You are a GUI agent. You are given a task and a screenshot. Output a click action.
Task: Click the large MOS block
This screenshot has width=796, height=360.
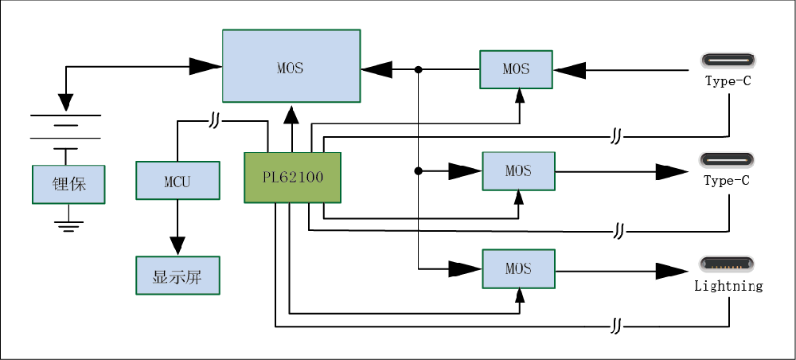tap(291, 66)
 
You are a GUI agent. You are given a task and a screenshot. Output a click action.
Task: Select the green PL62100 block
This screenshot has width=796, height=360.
tap(292, 177)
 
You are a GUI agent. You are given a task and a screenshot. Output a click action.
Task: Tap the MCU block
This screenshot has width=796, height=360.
tap(177, 181)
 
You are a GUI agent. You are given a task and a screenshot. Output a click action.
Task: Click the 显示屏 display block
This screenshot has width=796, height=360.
tap(177, 276)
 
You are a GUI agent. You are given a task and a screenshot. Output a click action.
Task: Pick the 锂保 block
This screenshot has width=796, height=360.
tap(69, 184)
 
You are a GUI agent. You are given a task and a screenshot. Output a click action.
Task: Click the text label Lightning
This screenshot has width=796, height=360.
tap(728, 285)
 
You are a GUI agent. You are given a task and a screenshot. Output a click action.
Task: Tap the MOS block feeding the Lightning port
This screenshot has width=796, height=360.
tap(518, 269)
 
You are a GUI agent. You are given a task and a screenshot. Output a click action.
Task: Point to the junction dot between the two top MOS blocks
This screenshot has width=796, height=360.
tap(419, 70)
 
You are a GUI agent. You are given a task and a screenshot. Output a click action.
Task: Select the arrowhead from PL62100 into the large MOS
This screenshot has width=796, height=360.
tap(292, 116)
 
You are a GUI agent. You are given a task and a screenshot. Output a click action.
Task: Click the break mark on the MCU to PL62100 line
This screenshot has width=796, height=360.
tap(215, 121)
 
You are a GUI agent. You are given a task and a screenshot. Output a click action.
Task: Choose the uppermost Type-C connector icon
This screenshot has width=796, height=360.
tap(727, 61)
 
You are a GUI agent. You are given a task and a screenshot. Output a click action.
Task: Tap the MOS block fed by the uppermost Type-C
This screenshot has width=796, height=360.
tap(516, 69)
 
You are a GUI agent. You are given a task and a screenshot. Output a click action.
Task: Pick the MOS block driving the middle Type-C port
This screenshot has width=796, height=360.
tap(518, 171)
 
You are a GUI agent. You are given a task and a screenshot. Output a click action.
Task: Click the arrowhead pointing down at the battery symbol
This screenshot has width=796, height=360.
tap(66, 101)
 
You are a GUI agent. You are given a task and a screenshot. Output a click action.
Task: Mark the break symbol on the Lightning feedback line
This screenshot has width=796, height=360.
tap(616, 327)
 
